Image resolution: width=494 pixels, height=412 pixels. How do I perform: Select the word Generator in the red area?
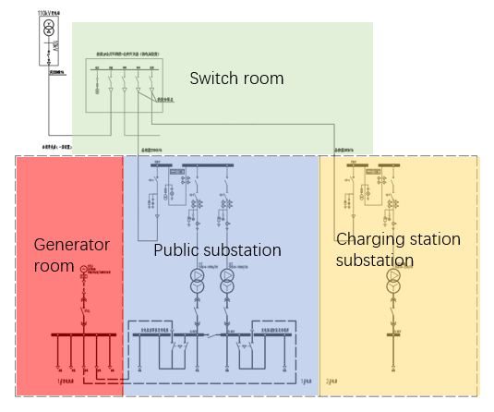point(72,244)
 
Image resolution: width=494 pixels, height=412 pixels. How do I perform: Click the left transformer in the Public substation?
point(198,281)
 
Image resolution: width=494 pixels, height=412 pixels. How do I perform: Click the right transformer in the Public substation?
point(227,281)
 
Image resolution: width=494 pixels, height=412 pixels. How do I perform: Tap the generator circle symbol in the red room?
point(83,270)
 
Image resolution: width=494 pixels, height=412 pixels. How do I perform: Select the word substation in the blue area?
point(243,250)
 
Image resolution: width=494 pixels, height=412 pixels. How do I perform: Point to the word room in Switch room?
point(262,79)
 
